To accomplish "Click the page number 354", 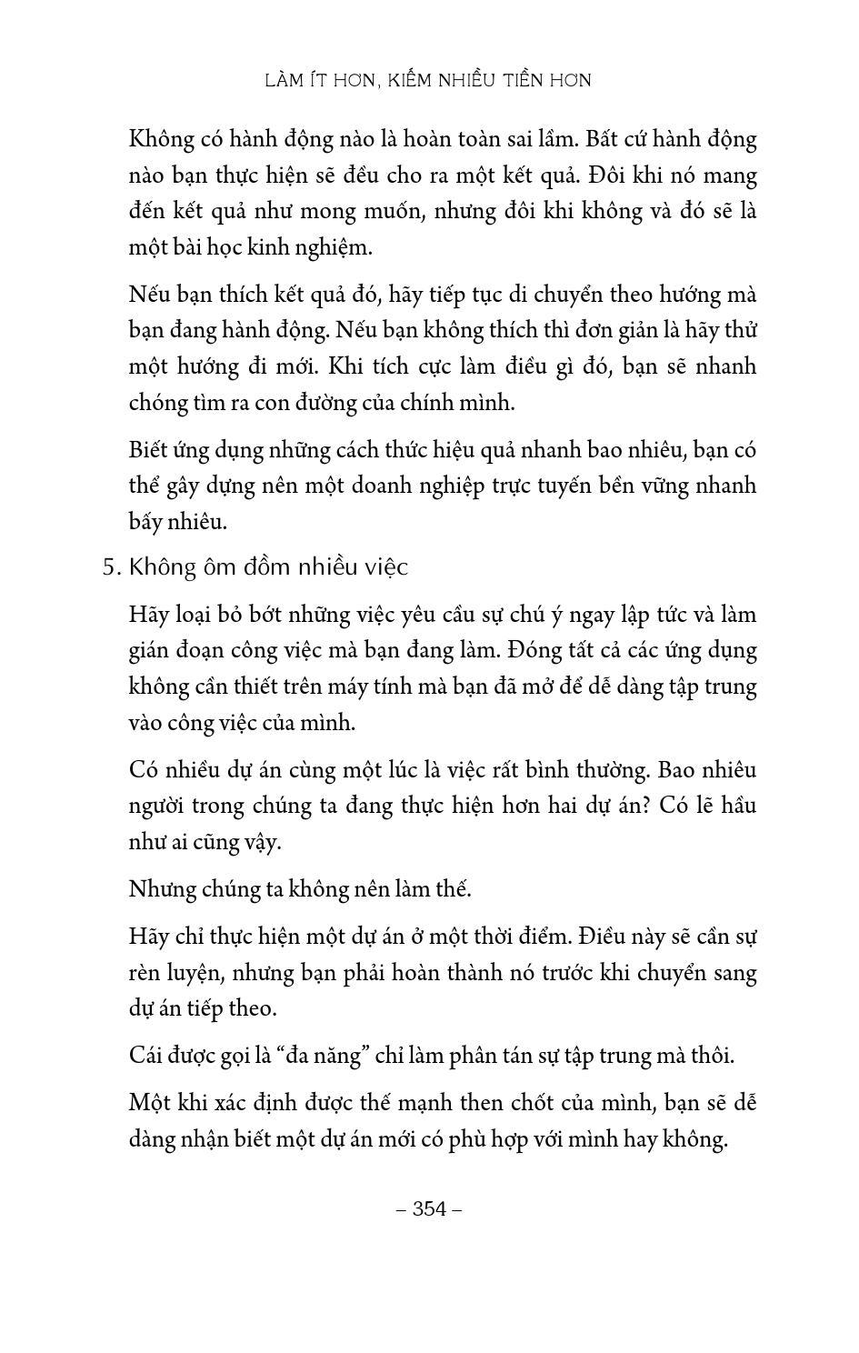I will [x=430, y=1208].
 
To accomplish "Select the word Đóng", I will [x=540, y=650].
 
